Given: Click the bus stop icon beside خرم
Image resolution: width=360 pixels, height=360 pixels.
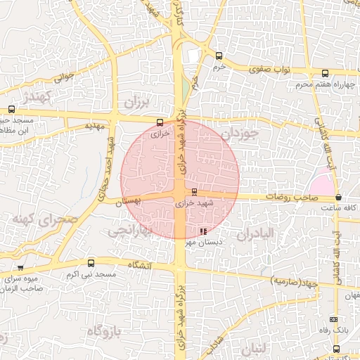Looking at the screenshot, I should (x=219, y=56).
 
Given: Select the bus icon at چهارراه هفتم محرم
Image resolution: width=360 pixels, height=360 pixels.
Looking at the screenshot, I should (x=324, y=73).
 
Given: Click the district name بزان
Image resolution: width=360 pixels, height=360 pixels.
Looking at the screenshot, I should (x=137, y=103).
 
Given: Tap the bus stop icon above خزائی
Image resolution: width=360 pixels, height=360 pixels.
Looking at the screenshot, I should (x=161, y=122).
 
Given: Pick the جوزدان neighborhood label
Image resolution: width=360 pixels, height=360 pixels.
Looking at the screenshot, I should (x=239, y=132).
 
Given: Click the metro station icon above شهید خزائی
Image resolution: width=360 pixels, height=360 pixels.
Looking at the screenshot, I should (x=194, y=191).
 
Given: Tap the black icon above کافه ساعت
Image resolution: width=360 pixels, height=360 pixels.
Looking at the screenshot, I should (x=339, y=198).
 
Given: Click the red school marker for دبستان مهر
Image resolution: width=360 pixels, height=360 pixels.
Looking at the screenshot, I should (x=203, y=231).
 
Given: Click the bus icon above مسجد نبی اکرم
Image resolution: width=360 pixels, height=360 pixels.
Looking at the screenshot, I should (x=91, y=263).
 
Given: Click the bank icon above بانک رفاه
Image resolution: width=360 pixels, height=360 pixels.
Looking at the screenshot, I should (x=333, y=319).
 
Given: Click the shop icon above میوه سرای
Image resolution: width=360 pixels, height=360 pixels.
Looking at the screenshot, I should (x=20, y=267).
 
